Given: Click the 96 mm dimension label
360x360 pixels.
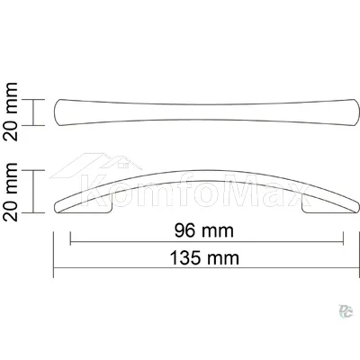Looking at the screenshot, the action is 204,231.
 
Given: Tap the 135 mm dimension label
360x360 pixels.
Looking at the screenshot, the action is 204,258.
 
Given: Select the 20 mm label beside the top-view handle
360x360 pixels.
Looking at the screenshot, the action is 11,112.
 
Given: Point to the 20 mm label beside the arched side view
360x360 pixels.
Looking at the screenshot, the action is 11,192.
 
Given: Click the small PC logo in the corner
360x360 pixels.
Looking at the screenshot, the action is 346,310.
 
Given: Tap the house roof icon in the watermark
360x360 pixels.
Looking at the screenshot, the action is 96,166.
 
